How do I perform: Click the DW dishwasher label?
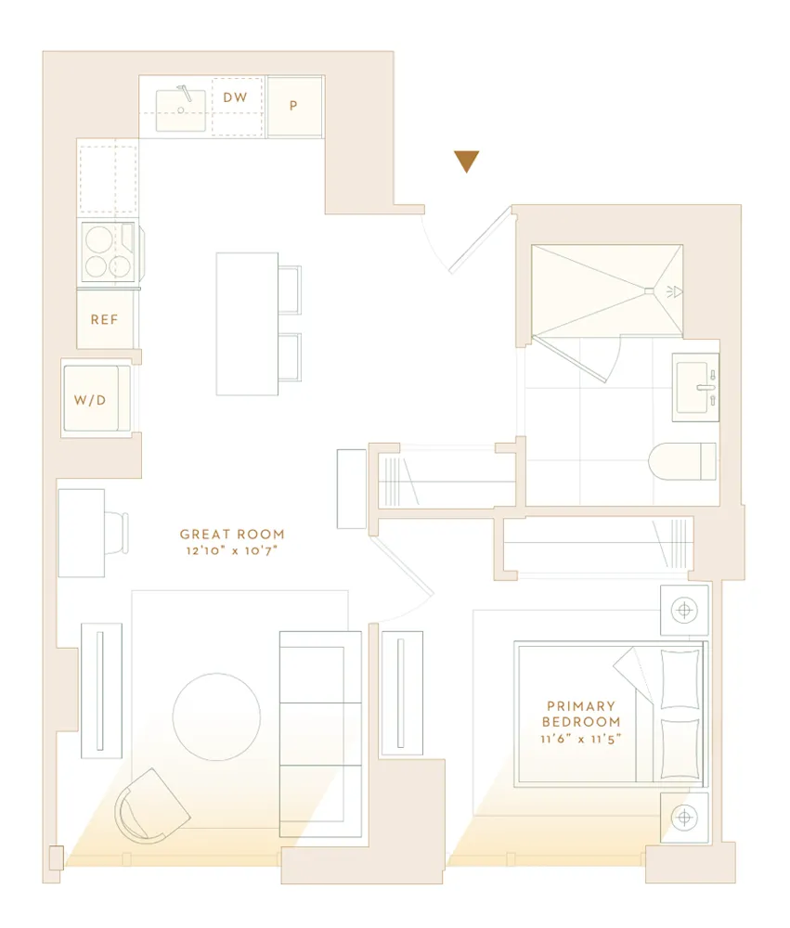tap(234, 97)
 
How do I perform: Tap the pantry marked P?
tap(293, 106)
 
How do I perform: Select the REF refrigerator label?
tap(104, 319)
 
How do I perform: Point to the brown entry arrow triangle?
tap(466, 161)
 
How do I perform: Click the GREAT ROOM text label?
tap(232, 535)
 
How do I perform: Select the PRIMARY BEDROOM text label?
tap(581, 714)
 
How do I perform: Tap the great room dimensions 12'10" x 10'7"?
tap(232, 551)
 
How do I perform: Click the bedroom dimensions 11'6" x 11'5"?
tap(581, 740)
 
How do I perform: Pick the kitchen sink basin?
tap(181, 110)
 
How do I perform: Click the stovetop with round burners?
tap(108, 251)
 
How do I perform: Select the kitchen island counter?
tap(246, 323)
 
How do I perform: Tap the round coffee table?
tap(216, 716)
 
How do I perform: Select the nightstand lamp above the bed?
tap(684, 610)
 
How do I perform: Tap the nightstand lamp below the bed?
tap(684, 818)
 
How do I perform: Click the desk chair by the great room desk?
tap(116, 533)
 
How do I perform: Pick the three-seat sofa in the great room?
tap(320, 733)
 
